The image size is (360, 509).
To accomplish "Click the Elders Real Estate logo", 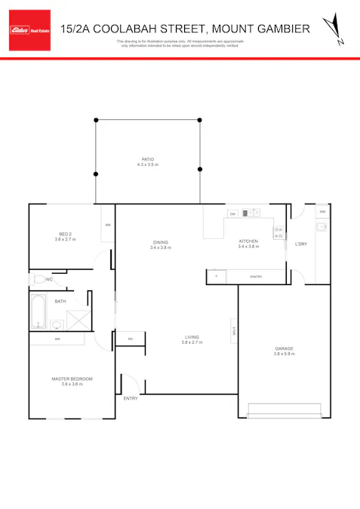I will click(29, 30).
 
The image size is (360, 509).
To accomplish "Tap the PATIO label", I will click(147, 159).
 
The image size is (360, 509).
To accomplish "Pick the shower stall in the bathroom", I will click(77, 319).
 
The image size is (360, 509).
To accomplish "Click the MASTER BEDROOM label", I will click(72, 379).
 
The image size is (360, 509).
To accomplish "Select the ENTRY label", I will click(131, 398).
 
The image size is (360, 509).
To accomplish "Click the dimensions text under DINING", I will click(160, 247).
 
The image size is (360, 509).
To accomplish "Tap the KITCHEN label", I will click(248, 241).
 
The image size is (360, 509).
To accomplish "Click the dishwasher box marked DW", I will click(233, 213).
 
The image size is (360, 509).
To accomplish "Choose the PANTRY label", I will click(256, 277).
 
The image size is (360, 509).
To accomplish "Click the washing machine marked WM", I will click(322, 212).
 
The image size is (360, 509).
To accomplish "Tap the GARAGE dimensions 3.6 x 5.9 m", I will click(284, 353).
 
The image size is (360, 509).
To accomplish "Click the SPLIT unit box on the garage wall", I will click(235, 329).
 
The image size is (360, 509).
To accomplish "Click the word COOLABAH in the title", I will click(156, 29).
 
